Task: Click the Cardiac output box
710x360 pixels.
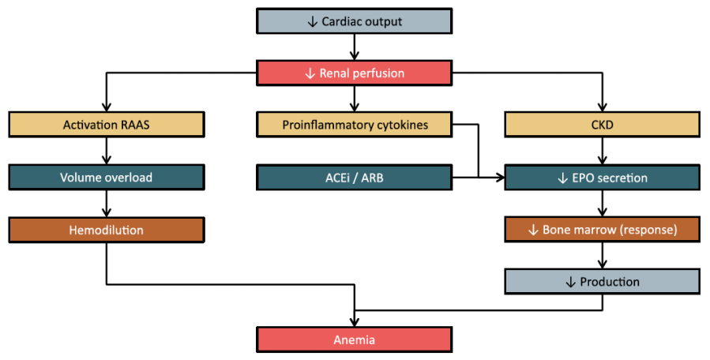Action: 355,21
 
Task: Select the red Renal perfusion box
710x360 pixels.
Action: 355,73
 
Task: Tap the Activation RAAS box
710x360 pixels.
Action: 107,125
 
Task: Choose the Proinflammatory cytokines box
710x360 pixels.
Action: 355,125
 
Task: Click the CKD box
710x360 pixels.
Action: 602,125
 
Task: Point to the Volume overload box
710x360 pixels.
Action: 107,178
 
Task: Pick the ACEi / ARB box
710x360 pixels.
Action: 355,178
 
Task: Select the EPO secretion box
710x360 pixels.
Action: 602,178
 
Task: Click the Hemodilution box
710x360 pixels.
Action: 107,230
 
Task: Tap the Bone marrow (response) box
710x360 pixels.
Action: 602,230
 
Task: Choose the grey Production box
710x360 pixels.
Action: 602,282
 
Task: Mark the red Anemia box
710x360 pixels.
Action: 355,340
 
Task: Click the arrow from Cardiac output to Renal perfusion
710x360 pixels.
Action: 355,47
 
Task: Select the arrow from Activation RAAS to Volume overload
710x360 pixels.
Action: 107,151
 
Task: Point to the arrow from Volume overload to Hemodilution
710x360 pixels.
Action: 107,204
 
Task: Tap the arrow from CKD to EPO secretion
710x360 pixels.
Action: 602,151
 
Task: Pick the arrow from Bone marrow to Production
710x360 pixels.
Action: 602,256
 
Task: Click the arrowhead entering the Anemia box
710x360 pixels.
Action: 355,321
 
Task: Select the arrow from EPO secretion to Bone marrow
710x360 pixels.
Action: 602,204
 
